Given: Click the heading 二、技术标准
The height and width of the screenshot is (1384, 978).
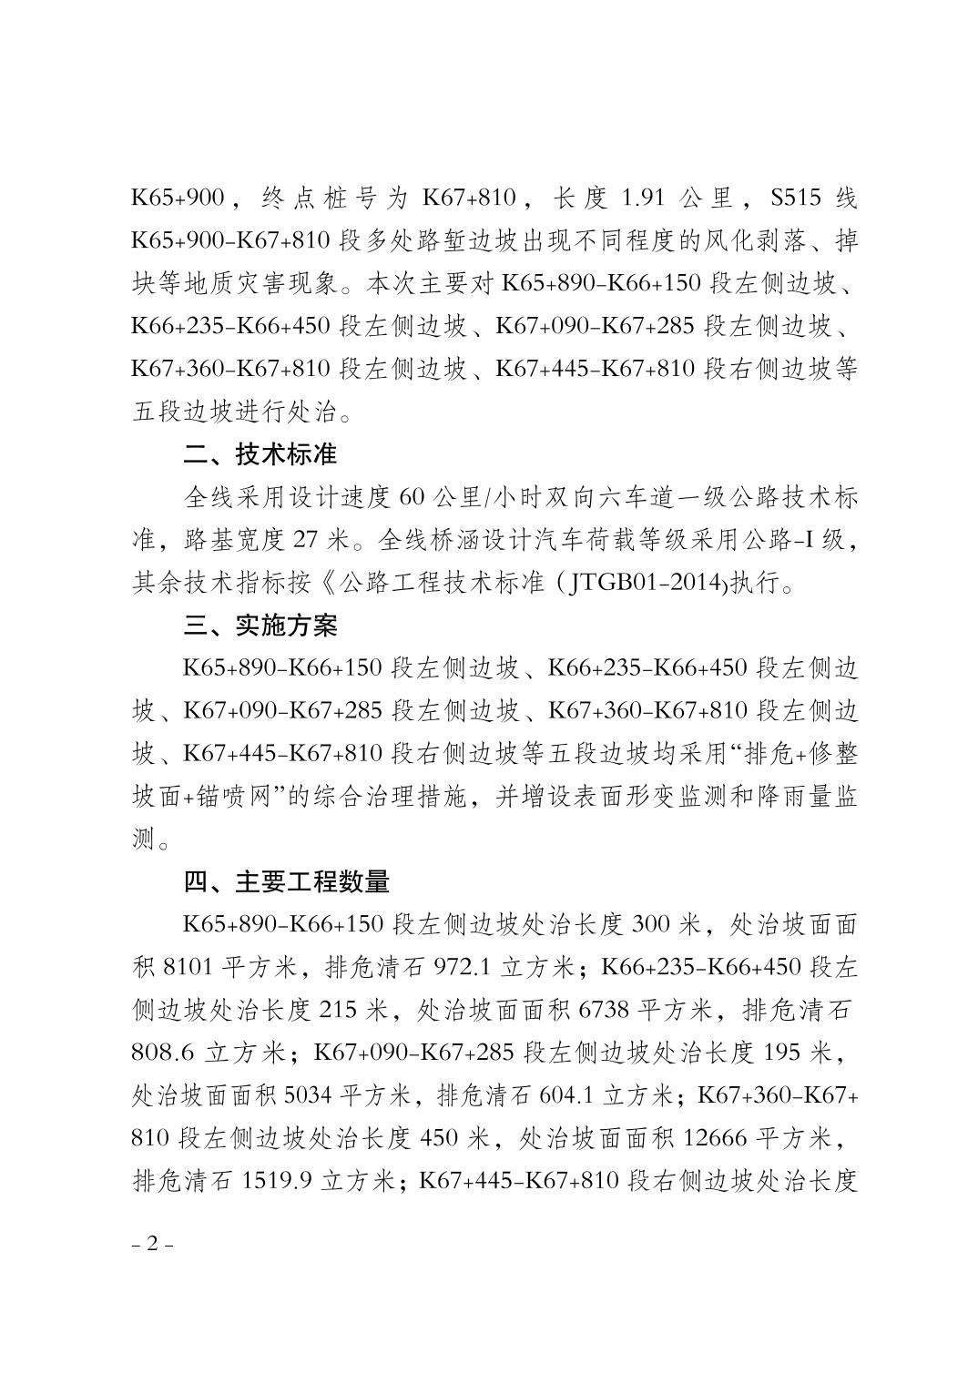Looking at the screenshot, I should tap(260, 453).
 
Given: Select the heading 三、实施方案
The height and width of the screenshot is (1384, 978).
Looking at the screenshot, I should tap(260, 626).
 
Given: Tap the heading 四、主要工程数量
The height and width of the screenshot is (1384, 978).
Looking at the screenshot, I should tap(286, 881).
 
